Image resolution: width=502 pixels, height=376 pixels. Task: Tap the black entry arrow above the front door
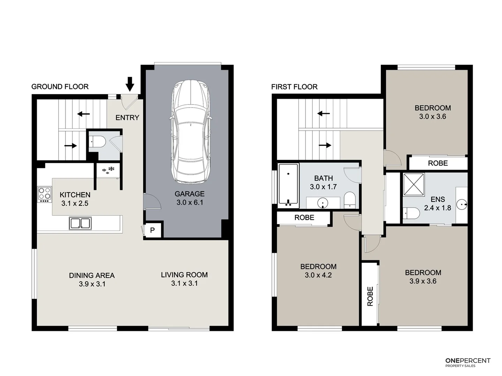pos(130,84)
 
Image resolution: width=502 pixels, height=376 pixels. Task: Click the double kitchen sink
pos(80,223)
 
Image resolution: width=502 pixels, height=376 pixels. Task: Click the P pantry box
pos(152,230)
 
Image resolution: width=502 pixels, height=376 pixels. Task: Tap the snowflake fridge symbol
pos(108,170)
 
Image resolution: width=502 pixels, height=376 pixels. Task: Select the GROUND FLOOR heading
pos(60,87)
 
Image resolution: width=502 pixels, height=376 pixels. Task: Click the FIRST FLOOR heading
pos(294,87)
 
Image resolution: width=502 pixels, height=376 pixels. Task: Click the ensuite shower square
pos(413,185)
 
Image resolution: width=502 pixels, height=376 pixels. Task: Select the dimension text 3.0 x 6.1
pos(190,202)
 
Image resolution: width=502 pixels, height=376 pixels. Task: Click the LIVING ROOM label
pos(184,275)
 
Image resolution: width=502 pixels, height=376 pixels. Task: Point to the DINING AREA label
pos(92,275)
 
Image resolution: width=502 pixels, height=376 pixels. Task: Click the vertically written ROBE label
pos(370,296)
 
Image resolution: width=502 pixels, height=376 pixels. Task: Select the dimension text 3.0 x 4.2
pos(318,275)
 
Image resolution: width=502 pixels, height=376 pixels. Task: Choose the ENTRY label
pos(127,118)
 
